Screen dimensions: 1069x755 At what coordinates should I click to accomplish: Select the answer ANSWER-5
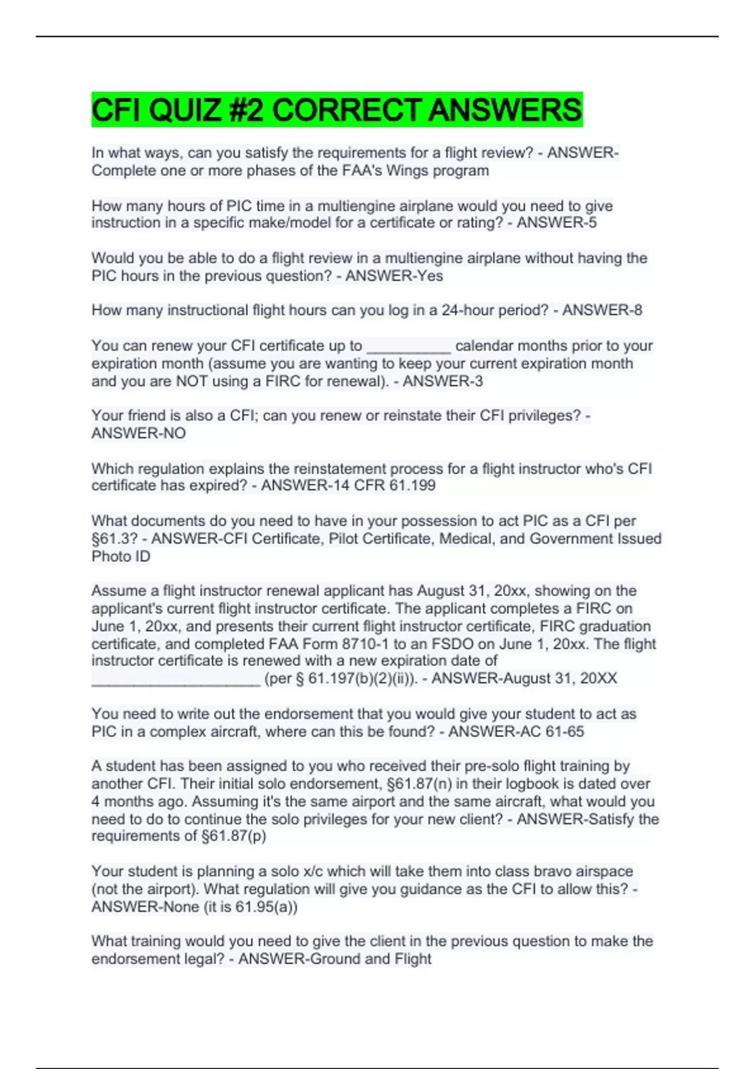557,223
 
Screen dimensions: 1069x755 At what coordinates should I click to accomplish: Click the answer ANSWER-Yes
394,275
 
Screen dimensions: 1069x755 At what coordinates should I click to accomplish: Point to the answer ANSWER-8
602,310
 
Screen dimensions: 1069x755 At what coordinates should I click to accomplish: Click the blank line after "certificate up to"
408,347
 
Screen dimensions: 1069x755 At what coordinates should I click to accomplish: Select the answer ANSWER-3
443,381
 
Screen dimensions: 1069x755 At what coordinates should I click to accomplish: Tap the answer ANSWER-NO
138,433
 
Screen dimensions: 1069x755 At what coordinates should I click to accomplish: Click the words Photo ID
121,557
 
